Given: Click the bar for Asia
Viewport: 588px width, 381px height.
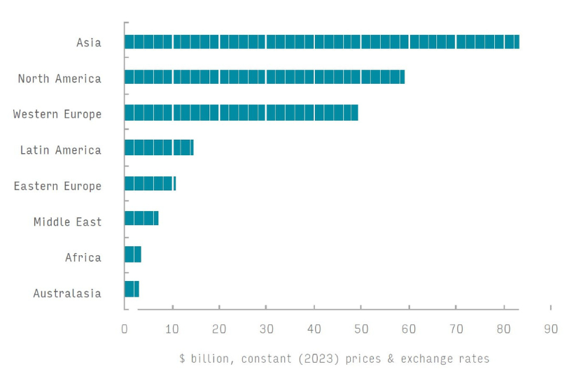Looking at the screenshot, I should [321, 42].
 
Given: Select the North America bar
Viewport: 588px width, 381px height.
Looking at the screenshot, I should [265, 77].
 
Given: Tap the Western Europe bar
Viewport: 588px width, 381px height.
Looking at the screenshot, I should [241, 113].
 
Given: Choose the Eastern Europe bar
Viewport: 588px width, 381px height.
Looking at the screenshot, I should [150, 184].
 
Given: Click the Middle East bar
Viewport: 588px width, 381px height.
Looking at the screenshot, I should [141, 218].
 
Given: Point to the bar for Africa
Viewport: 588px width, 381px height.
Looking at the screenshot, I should [133, 254].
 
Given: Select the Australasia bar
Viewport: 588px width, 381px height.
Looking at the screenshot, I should [132, 289].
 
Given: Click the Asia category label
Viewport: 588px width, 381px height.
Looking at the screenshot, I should [89, 43].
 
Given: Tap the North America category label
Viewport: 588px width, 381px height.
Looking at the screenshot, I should [59, 78].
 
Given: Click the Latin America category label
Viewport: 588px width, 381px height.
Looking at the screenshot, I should [60, 150].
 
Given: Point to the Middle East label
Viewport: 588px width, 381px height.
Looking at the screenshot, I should [67, 222].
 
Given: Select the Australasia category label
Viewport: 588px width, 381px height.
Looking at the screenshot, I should [67, 293].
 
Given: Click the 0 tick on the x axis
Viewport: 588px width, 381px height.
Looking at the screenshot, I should [125, 329].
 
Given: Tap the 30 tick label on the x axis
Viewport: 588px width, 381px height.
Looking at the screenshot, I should [266, 329].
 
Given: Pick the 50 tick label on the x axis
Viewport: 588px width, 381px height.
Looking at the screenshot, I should [361, 329].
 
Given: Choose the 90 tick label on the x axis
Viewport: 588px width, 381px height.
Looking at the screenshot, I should [551, 329].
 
